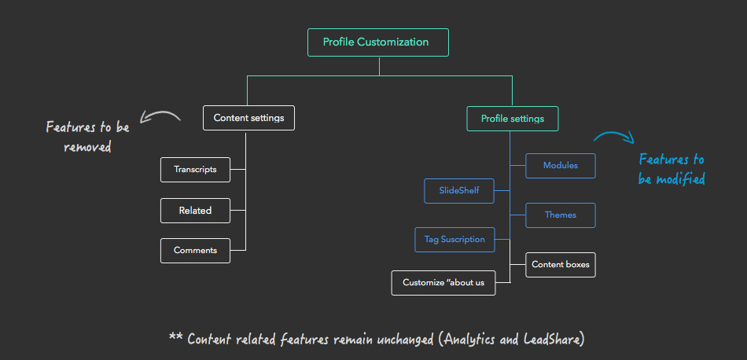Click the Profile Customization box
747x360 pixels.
(377, 42)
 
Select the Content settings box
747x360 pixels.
(248, 118)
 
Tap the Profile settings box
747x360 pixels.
(512, 119)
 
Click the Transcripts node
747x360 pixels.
(195, 169)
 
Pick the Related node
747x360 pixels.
(195, 211)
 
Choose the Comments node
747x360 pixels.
(195, 251)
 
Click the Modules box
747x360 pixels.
(560, 166)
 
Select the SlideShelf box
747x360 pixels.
(459, 191)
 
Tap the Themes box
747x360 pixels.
(560, 215)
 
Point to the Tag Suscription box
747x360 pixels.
(454, 240)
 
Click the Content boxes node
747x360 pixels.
(560, 265)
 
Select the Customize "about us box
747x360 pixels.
(443, 283)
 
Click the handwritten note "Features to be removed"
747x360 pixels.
(87, 136)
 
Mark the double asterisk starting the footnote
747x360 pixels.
(175, 338)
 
